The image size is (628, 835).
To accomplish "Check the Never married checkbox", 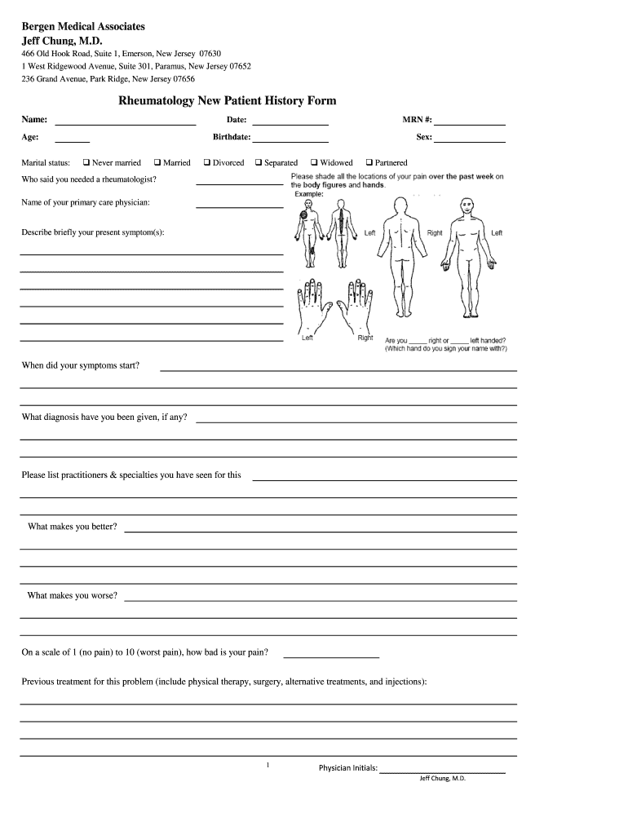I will coord(86,163).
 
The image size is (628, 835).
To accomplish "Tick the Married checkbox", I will coord(157,163).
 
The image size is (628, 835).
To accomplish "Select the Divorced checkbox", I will coord(207,163).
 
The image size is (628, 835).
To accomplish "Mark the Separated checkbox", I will coord(259,163).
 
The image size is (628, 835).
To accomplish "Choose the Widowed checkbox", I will coord(314,163).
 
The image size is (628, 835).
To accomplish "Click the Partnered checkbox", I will coord(369,163).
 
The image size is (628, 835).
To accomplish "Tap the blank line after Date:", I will coord(290,122).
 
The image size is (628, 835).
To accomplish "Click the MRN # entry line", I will coord(471,122).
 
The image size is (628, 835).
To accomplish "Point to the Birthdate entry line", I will coord(290,139).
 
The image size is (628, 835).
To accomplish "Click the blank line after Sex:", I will coord(471,139).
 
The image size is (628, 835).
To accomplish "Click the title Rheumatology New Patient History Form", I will coord(228,101).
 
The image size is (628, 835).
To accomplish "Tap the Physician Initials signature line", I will coord(443,770).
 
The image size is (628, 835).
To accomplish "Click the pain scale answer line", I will coord(330,655).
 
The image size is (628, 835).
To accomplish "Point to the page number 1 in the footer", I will coord(268,765).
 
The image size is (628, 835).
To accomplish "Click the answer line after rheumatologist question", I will coord(240,183).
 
